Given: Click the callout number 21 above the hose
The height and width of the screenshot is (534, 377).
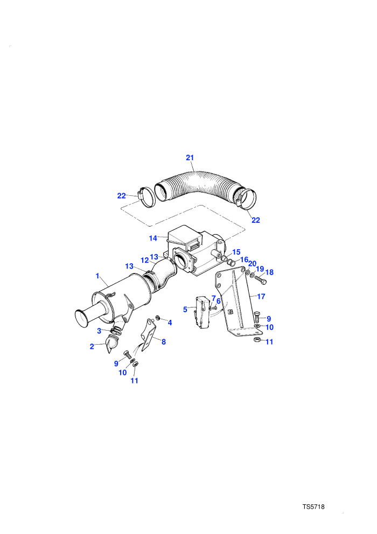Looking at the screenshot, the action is (x=190, y=158).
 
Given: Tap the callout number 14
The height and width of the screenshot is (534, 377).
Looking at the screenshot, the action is (x=153, y=238).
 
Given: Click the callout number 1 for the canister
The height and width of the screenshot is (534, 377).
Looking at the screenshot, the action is (x=97, y=276).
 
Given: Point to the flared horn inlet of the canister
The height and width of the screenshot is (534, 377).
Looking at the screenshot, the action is (x=83, y=317).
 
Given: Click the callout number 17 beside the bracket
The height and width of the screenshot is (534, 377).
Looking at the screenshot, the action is (x=261, y=297).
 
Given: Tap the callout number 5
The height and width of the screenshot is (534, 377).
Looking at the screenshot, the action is (x=185, y=309).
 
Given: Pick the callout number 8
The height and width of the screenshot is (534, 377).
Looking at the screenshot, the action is (x=164, y=341).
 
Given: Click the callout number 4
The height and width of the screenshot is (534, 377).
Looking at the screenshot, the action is (x=170, y=323).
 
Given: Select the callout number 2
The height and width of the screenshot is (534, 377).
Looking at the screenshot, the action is (x=92, y=346).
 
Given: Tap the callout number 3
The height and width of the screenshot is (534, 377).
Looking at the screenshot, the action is (x=99, y=331).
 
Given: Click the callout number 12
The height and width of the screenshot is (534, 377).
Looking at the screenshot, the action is (x=145, y=260).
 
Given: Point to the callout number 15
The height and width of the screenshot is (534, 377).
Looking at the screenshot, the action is (x=236, y=252).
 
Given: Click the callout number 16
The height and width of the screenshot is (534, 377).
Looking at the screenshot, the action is (x=244, y=260).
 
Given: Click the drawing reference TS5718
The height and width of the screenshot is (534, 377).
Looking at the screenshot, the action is (x=313, y=506).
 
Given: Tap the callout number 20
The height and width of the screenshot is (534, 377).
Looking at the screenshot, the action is (x=252, y=264).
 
